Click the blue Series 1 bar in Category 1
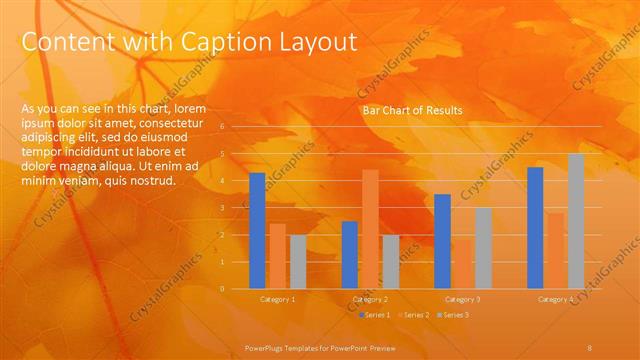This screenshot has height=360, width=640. (257, 231)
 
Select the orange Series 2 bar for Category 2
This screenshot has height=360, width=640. (370, 229)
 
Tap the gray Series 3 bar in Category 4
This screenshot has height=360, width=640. (576, 221)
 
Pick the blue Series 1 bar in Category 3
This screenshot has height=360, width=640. (443, 241)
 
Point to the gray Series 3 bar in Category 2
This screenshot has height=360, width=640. (390, 262)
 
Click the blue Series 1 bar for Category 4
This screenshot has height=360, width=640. (535, 228)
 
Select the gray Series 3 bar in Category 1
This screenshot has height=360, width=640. (298, 262)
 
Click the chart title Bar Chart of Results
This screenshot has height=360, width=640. (412, 111)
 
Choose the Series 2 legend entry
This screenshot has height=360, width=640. (415, 315)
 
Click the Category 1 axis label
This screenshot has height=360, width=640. (278, 299)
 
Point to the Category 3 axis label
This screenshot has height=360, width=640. (463, 299)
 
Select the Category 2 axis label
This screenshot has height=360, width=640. (370, 299)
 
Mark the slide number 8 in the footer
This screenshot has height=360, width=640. (590, 346)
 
